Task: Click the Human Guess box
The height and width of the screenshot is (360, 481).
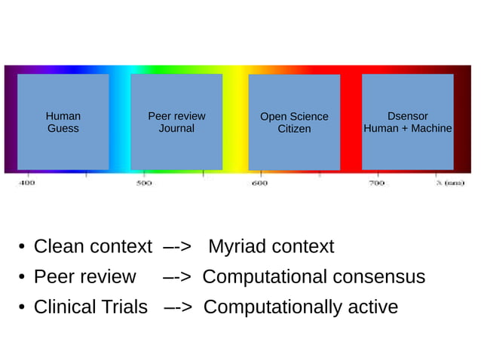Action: (63, 122)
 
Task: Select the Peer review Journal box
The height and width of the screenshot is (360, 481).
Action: (176, 122)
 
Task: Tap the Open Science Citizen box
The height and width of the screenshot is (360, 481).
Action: (294, 122)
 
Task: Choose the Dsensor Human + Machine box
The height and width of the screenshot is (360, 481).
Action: (407, 122)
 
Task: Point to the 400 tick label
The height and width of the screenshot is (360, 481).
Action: (26, 183)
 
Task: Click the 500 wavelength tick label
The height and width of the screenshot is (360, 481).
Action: (144, 183)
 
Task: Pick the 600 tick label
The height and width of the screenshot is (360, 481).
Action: (259, 183)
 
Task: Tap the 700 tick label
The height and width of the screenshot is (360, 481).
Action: (376, 183)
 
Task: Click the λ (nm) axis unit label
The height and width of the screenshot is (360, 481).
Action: (450, 183)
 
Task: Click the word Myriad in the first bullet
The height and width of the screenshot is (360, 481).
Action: (237, 246)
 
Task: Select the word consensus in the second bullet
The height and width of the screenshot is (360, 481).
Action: (378, 276)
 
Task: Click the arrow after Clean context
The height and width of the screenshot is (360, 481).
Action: (177, 247)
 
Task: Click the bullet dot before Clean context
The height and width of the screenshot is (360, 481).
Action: (23, 247)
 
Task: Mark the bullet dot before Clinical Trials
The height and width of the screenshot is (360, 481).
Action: (23, 308)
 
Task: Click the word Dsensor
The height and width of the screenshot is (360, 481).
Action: (407, 116)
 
